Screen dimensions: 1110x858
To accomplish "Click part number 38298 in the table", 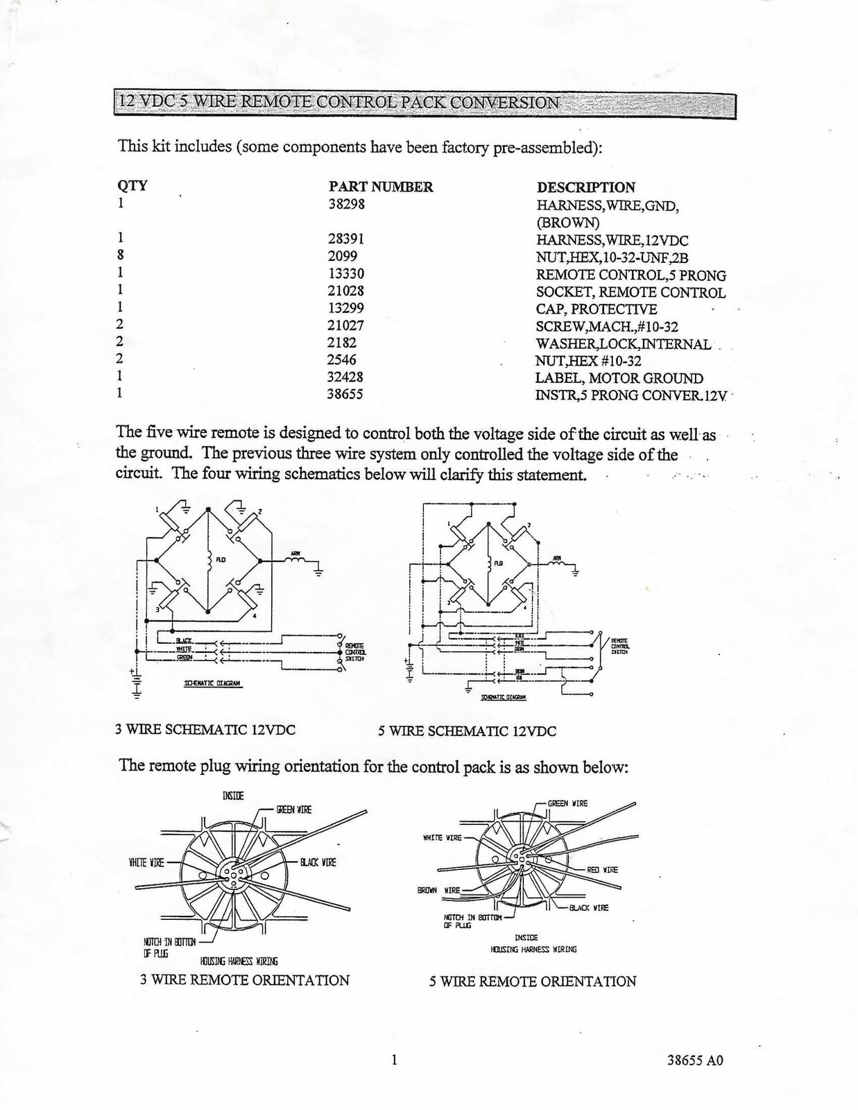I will click(x=346, y=204).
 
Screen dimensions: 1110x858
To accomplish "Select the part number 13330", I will click(x=346, y=273).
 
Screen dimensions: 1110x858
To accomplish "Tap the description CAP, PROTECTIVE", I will click(x=597, y=309).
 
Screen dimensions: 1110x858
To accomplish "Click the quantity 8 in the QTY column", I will click(x=121, y=255).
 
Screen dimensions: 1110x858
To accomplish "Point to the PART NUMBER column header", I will click(x=381, y=187).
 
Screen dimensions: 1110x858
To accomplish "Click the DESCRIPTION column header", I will click(x=586, y=187).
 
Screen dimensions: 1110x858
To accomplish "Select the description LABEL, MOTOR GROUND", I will click(x=619, y=378).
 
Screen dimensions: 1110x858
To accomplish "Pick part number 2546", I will click(x=342, y=360).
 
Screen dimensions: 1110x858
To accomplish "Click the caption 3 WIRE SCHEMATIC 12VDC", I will click(x=205, y=730).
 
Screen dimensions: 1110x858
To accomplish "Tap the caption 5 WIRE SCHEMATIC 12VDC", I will click(x=467, y=731).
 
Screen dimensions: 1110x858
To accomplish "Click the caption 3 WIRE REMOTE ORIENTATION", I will click(x=245, y=980).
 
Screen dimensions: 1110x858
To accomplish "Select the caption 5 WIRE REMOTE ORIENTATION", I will click(x=532, y=982).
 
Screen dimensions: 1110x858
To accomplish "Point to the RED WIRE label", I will click(x=601, y=869).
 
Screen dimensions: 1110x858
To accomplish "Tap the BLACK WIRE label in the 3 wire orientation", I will click(x=318, y=862).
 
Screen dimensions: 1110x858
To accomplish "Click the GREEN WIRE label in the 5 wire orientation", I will click(x=567, y=803).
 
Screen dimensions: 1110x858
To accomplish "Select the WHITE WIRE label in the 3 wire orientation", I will click(x=146, y=862).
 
